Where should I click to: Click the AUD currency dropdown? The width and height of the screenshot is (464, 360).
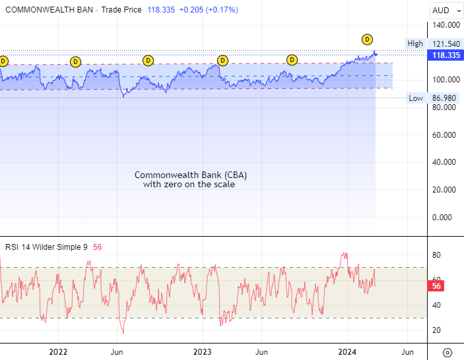[444, 11]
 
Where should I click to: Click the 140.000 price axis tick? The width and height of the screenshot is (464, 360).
[445, 25]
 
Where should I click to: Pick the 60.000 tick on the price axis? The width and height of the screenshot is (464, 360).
[445, 135]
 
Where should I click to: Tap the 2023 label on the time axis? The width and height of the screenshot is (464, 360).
[203, 352]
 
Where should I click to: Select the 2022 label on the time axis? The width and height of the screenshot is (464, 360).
[59, 352]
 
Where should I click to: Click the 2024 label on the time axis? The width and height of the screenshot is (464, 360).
[348, 352]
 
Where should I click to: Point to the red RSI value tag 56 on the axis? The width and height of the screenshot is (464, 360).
[436, 286]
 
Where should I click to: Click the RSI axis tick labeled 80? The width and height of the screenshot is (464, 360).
[436, 255]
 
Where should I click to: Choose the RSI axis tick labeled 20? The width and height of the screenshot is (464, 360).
[436, 330]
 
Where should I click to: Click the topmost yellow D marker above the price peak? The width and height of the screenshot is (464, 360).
[367, 40]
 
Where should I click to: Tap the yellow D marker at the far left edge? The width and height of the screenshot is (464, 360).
[3, 61]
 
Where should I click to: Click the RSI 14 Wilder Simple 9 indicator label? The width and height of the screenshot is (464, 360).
[46, 247]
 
